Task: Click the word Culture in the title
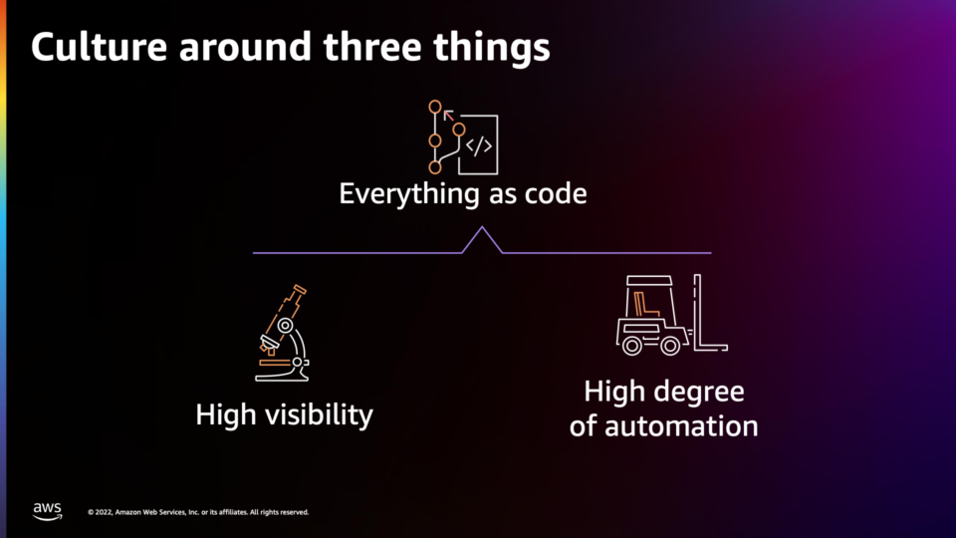click(x=100, y=48)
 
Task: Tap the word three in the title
click(x=372, y=48)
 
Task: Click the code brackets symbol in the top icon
click(x=479, y=145)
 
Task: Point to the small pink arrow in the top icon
click(x=449, y=115)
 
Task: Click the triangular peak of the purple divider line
click(x=482, y=227)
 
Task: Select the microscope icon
click(x=282, y=333)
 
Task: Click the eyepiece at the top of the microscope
click(x=300, y=289)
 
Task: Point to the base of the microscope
click(x=282, y=377)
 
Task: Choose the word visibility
click(x=317, y=415)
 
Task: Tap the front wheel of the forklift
click(x=670, y=347)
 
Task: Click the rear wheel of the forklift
click(x=632, y=347)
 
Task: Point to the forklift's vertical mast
click(x=697, y=311)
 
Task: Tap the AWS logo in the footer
click(x=48, y=511)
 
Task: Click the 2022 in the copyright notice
click(x=103, y=512)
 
